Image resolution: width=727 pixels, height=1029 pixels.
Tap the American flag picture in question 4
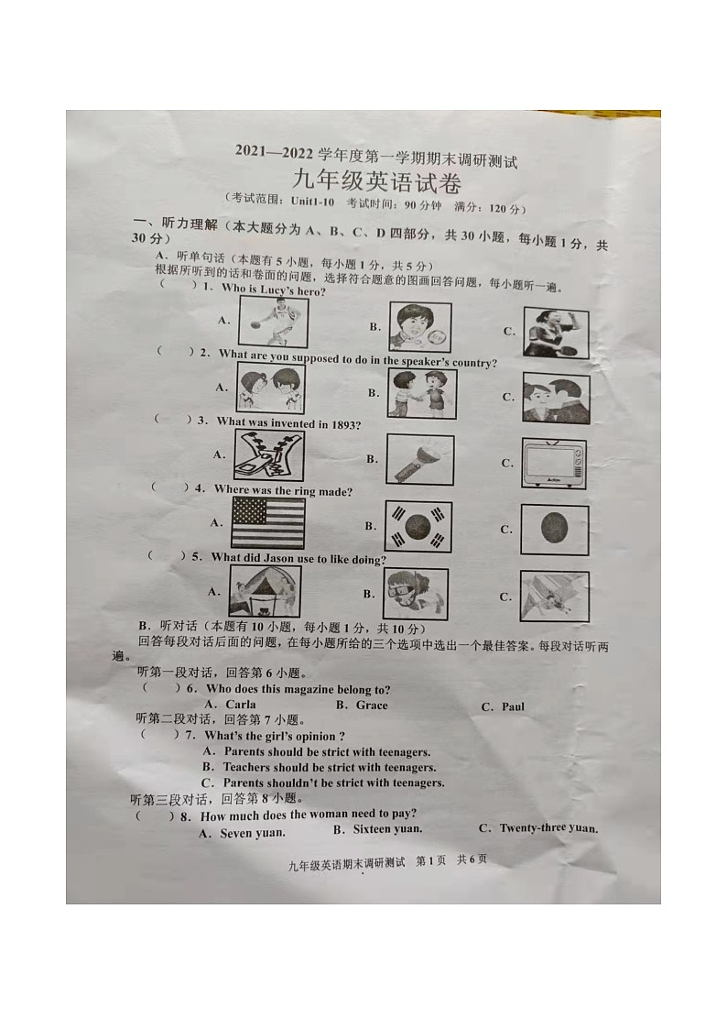[267, 522]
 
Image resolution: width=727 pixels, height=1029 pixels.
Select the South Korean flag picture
[418, 526]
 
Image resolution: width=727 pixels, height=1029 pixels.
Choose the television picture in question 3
[554, 463]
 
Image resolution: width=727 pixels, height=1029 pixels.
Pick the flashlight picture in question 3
[419, 458]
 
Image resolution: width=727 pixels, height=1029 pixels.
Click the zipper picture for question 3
[269, 455]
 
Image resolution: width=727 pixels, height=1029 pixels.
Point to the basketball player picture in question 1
[273, 322]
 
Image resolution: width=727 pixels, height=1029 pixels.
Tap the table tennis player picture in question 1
[556, 332]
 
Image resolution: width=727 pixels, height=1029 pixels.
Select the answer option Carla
[240, 705]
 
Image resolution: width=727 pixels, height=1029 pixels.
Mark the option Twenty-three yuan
[548, 828]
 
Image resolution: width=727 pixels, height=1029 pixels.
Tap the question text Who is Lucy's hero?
[274, 290]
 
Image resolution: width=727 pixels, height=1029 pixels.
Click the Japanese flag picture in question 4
[554, 530]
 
